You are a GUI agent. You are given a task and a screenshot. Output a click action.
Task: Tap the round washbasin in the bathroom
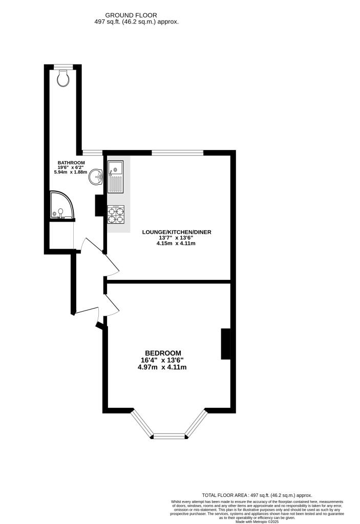tap(96, 178)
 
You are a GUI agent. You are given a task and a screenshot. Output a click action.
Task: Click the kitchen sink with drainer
tap(115, 176)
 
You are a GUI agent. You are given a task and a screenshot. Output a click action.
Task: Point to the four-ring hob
tap(116, 214)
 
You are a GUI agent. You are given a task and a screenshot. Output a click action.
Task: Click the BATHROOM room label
tap(71, 163)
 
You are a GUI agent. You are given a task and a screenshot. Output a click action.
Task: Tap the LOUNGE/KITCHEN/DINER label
tap(176, 232)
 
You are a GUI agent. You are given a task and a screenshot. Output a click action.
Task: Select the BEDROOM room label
tap(163, 353)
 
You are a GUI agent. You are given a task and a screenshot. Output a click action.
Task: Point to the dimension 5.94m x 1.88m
tap(71, 172)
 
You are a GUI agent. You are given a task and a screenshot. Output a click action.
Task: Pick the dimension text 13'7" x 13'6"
tap(176, 237)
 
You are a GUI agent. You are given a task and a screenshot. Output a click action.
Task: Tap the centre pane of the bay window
tap(168, 436)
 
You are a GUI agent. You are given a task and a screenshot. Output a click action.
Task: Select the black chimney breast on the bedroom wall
tap(225, 344)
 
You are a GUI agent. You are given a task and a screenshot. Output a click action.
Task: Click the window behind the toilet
tap(63, 66)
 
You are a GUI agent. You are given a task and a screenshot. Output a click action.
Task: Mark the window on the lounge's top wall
tap(177, 152)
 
